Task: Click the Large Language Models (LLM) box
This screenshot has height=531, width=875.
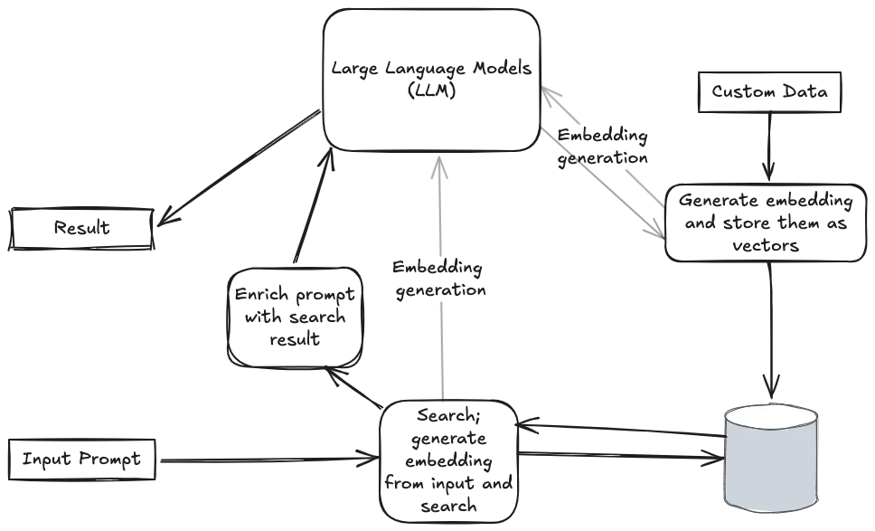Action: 431,80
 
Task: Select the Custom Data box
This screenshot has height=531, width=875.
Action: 769,91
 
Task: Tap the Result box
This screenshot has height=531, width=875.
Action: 81,228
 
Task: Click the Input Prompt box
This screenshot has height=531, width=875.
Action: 81,460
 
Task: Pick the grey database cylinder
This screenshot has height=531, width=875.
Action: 771,457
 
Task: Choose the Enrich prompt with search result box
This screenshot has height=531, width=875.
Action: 296,317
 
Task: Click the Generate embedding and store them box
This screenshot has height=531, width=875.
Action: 766,223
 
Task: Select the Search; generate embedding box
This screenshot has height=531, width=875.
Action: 448,460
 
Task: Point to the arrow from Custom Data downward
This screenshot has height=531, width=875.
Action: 769,146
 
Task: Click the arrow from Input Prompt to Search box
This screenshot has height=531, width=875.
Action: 269,460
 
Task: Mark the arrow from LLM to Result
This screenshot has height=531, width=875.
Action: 239,167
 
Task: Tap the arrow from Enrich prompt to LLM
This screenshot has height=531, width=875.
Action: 315,206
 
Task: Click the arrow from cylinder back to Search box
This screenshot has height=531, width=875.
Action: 620,430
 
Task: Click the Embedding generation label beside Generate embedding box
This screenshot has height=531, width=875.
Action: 603,147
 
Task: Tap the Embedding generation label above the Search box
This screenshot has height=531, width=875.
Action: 439,279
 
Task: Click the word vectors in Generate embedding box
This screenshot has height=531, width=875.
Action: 766,245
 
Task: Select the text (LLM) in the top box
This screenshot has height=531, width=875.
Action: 432,90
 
